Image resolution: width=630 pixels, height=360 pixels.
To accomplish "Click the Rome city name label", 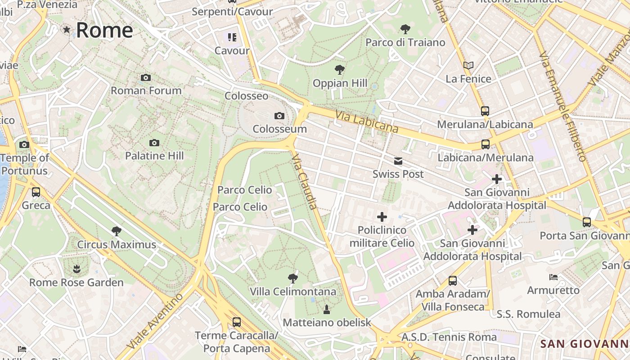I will point(104,30).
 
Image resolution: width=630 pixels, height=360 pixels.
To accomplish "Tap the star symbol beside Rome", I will point(67,30).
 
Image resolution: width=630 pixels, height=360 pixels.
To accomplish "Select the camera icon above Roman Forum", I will point(145,77).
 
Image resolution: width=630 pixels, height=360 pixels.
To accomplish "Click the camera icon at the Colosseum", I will point(279,116).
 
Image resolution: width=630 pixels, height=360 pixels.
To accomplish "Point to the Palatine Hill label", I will point(154,156).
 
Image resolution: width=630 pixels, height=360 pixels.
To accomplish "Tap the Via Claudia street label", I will point(305,182).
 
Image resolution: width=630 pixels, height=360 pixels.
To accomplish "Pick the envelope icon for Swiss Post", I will point(398,161).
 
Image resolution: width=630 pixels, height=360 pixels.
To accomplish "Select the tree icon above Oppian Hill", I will point(340,70).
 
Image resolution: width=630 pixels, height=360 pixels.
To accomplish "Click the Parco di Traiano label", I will point(405,42).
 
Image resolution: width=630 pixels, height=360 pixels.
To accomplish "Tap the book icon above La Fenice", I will point(468,65).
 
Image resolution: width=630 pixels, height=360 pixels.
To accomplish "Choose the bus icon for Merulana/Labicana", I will point(485,111).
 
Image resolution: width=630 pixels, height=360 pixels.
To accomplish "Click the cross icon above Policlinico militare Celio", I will point(382,217).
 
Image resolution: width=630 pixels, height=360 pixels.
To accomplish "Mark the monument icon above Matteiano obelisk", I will point(327,309).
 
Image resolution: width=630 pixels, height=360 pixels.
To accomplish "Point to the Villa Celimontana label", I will point(293,292).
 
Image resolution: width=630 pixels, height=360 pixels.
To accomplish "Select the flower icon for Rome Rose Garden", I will point(76,269).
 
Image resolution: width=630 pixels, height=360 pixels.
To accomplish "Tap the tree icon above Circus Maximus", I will point(117,231).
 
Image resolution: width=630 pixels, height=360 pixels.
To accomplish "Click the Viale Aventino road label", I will point(155,321).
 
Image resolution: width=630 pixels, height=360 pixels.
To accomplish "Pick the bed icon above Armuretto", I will point(553,277).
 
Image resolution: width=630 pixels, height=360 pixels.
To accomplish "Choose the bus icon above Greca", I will point(36,192).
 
